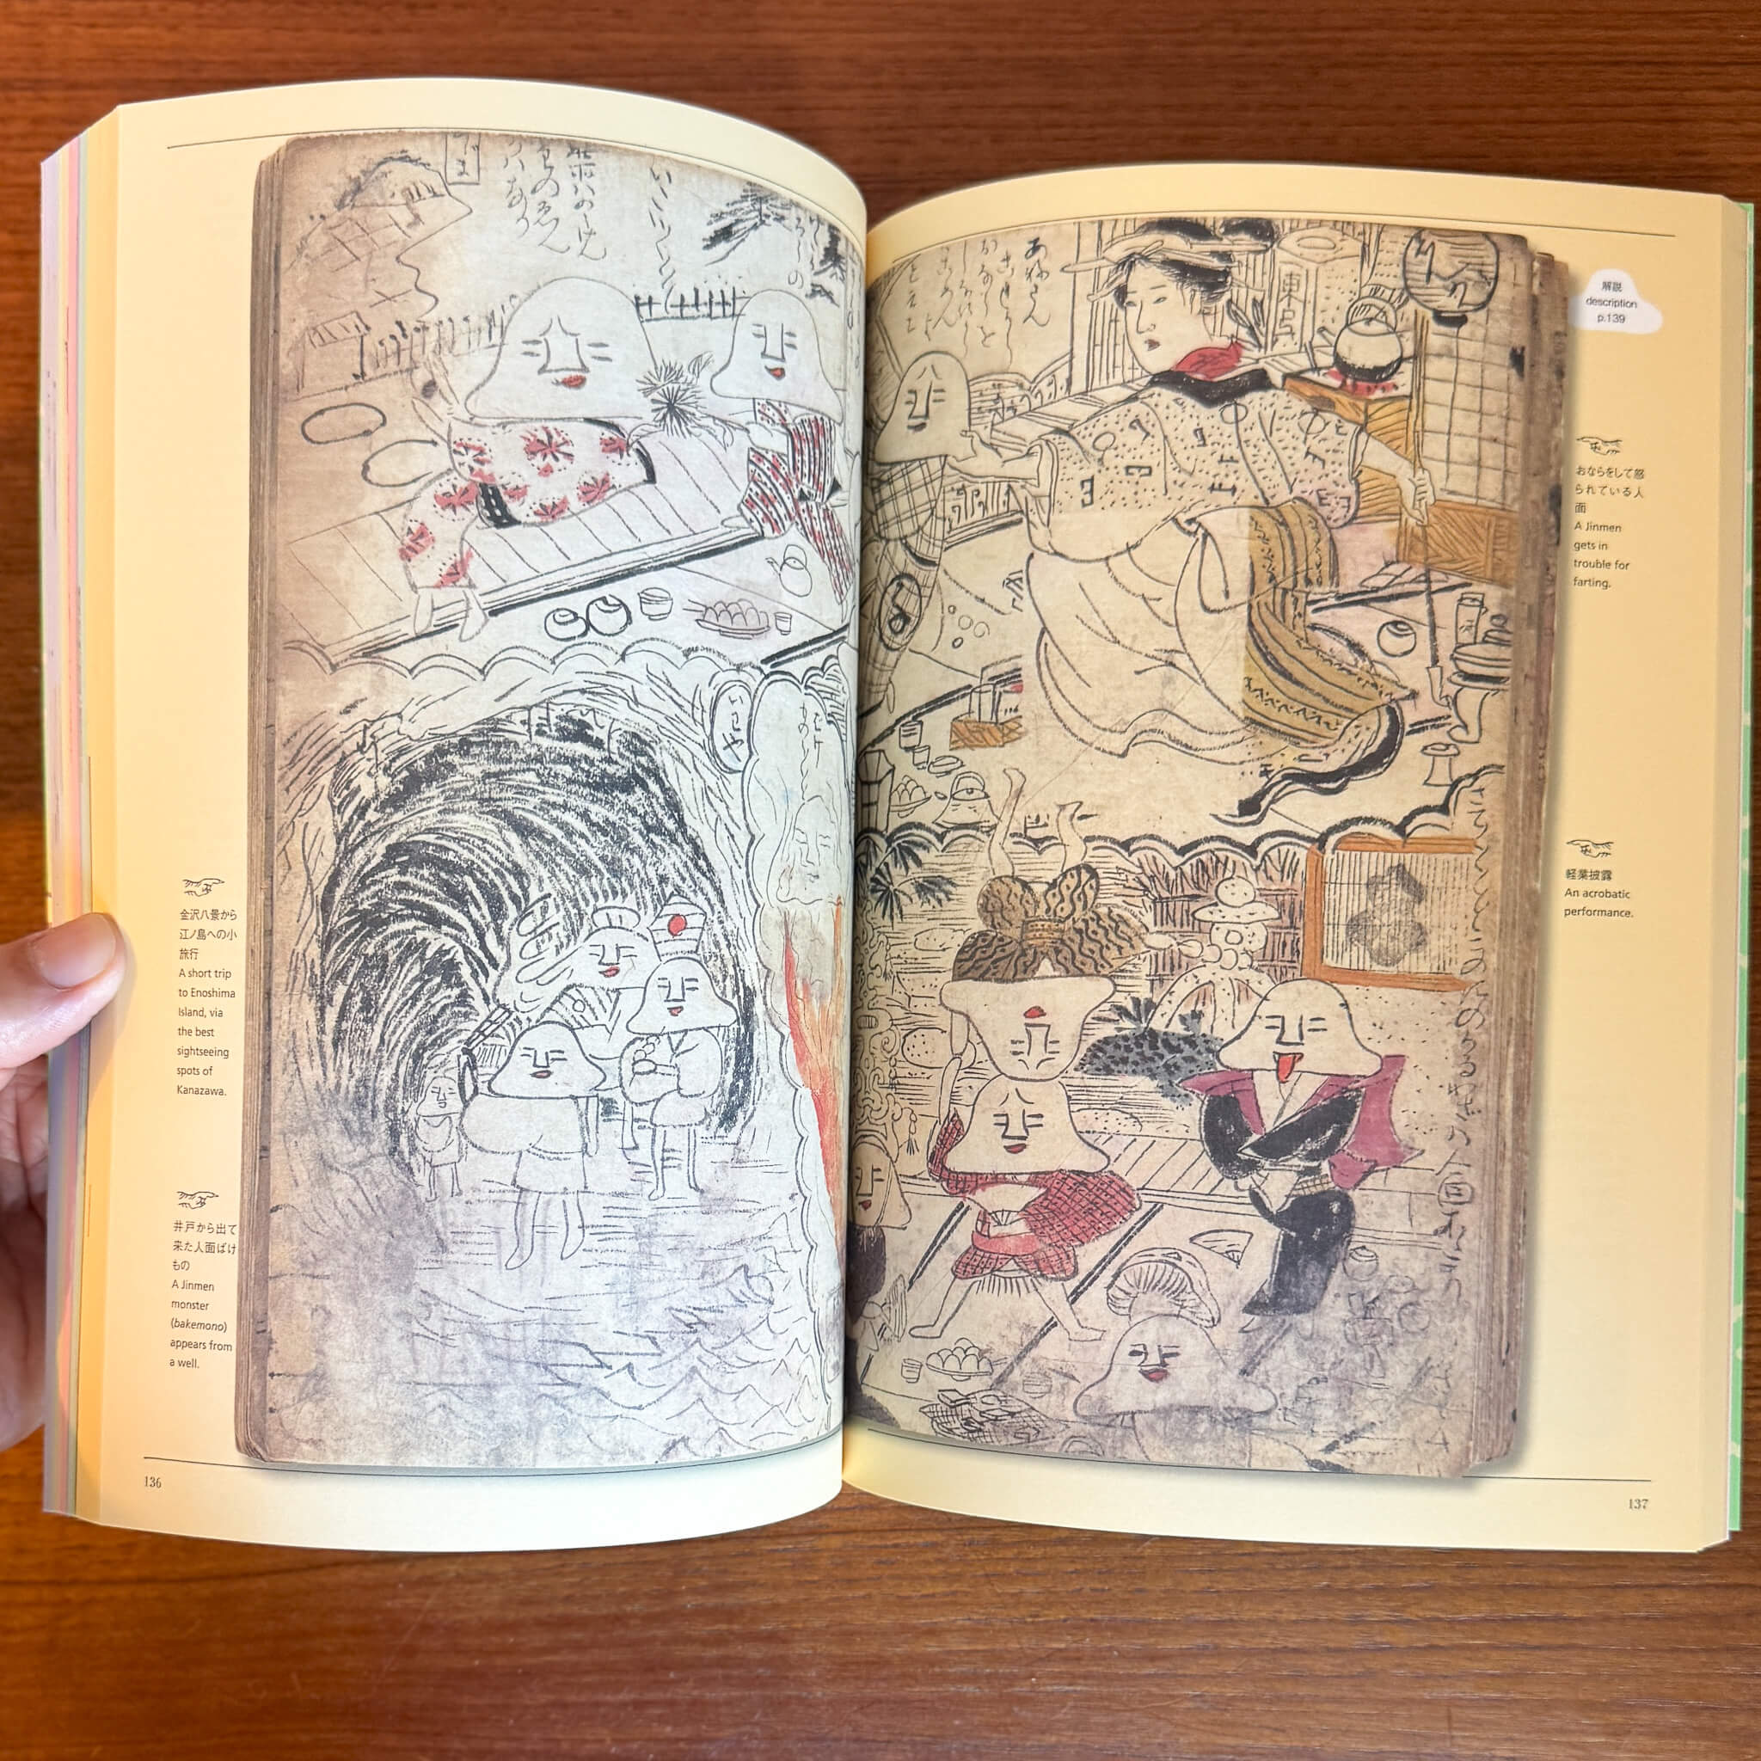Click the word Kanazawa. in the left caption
[200, 1090]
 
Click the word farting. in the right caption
[1592, 581]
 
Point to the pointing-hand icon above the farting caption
[1600, 447]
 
